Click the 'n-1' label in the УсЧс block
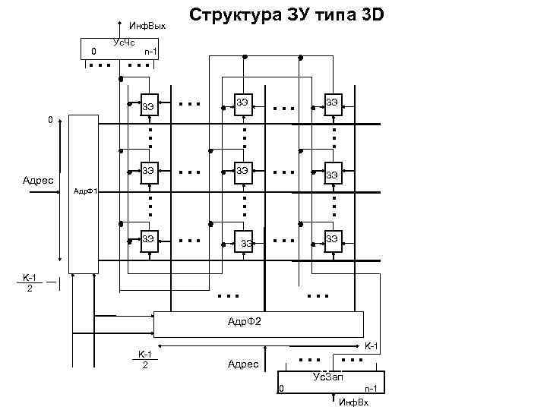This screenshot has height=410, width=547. (x=150, y=52)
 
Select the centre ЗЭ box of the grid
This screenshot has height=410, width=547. (x=243, y=171)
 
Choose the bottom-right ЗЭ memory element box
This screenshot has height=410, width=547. (x=332, y=239)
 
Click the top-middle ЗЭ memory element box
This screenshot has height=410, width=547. (x=243, y=103)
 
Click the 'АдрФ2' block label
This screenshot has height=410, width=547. (x=245, y=323)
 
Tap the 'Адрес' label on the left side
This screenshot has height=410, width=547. (x=38, y=181)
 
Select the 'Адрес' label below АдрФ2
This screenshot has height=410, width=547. (x=243, y=364)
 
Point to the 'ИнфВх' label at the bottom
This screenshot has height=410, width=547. (x=353, y=402)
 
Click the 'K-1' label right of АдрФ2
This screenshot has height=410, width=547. (x=372, y=346)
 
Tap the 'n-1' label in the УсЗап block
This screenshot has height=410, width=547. (x=371, y=389)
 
